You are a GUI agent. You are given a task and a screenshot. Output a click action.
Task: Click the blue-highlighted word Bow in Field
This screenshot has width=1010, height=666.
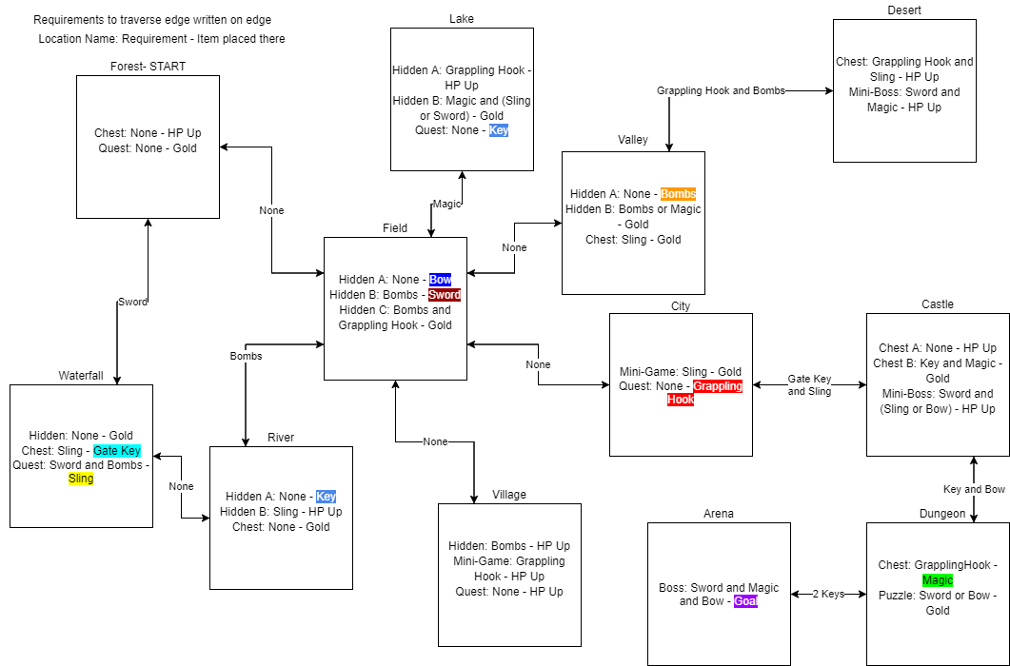(441, 280)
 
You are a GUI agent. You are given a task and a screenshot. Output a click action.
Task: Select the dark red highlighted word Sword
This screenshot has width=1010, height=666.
(445, 294)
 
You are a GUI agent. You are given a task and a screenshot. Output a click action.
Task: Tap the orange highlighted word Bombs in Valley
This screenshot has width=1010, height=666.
(679, 194)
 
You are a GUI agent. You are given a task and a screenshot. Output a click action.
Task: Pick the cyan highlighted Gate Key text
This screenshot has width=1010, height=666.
(117, 451)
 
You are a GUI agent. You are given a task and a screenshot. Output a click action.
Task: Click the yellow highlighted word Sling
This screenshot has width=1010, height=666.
(81, 479)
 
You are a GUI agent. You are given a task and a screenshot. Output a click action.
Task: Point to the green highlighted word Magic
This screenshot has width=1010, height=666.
(938, 580)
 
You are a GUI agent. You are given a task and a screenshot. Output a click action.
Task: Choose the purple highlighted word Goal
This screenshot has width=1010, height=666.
(746, 601)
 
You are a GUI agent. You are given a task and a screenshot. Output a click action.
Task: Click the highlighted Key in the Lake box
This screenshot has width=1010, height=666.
(499, 130)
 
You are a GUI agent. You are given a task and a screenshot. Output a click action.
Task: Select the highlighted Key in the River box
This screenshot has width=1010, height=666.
(326, 497)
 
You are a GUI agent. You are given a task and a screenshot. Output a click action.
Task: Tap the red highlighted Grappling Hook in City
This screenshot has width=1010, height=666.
(705, 393)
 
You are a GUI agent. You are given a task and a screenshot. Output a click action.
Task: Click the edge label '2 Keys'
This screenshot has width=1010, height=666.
(828, 594)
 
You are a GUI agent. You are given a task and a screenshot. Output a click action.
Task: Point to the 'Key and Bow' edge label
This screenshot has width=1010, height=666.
(974, 490)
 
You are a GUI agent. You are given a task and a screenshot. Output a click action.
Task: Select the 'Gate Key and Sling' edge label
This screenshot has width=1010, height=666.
(810, 385)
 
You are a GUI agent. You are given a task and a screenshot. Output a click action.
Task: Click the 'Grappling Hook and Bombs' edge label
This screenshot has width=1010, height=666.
(721, 90)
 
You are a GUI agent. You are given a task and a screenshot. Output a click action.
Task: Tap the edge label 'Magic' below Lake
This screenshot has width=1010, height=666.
(447, 205)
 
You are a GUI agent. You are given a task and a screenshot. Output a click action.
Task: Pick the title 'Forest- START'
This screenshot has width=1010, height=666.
(149, 67)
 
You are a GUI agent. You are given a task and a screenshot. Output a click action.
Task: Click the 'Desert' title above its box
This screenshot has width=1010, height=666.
(904, 10)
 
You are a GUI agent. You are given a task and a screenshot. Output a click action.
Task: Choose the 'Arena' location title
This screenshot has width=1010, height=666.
(718, 514)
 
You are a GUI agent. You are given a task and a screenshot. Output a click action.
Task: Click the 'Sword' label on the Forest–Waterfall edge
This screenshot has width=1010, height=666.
(132, 303)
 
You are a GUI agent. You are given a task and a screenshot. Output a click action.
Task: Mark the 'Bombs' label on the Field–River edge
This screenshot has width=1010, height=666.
(246, 356)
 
